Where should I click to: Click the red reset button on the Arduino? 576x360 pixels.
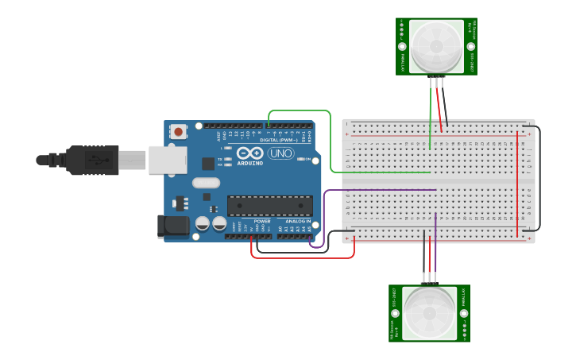point(179,131)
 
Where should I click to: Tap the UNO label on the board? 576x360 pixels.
point(280,153)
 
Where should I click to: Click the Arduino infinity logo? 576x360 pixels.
point(249,153)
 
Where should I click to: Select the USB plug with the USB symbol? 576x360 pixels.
point(92,160)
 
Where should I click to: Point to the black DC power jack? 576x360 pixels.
point(172,226)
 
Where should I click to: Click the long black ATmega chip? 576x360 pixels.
point(269,206)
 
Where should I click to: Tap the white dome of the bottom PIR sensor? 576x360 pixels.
point(429,312)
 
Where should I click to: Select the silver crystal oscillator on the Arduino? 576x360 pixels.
point(207,195)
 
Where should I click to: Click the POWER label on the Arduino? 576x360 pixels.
point(262,220)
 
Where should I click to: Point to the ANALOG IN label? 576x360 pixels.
point(298,220)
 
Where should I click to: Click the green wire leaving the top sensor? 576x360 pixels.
point(431,111)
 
